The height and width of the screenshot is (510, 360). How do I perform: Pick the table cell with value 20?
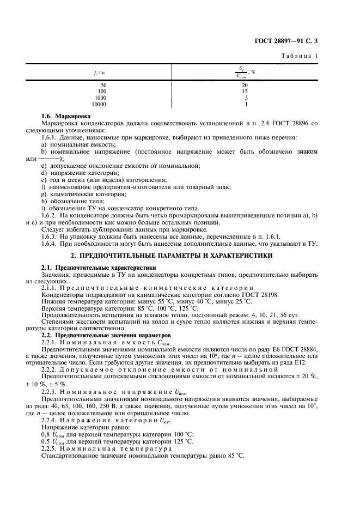pyautogui.click(x=245, y=86)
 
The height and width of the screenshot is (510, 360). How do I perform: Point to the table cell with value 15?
pyautogui.click(x=245, y=92)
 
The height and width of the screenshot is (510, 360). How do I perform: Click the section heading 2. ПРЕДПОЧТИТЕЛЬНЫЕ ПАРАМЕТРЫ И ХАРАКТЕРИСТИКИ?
pyautogui.click(x=180, y=256)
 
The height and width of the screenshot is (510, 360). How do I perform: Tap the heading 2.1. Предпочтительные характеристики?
pyautogui.click(x=99, y=268)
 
